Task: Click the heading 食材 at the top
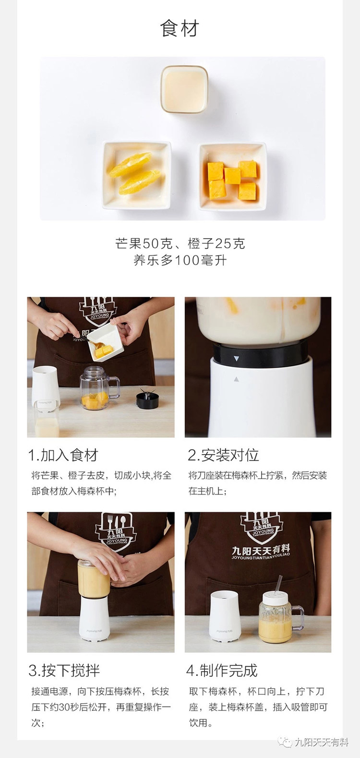tap(180, 28)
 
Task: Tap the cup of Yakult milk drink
tap(184, 89)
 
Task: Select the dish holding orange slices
tap(137, 175)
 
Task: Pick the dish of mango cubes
tap(233, 176)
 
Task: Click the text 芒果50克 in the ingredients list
tap(143, 243)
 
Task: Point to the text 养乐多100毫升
tap(180, 260)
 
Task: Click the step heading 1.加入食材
tap(63, 455)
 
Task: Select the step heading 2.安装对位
tap(223, 455)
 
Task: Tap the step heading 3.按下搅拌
tap(64, 670)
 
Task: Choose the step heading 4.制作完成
tap(222, 670)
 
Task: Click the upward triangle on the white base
tap(236, 379)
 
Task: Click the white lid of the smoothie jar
tap(275, 599)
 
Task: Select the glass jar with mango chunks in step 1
tap(99, 388)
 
